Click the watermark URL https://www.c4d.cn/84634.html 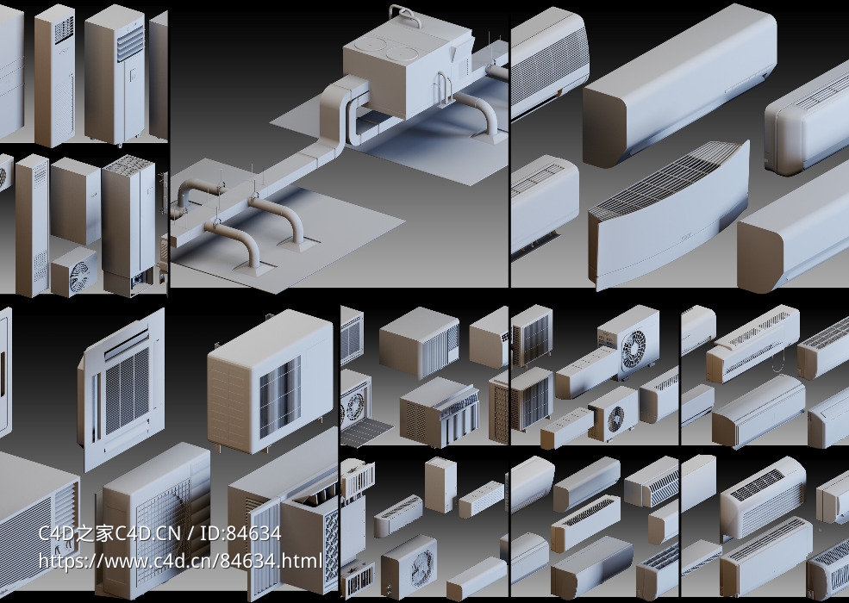180,561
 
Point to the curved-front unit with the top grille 668,214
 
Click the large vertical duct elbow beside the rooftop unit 337,112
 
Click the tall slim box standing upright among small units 440,484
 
